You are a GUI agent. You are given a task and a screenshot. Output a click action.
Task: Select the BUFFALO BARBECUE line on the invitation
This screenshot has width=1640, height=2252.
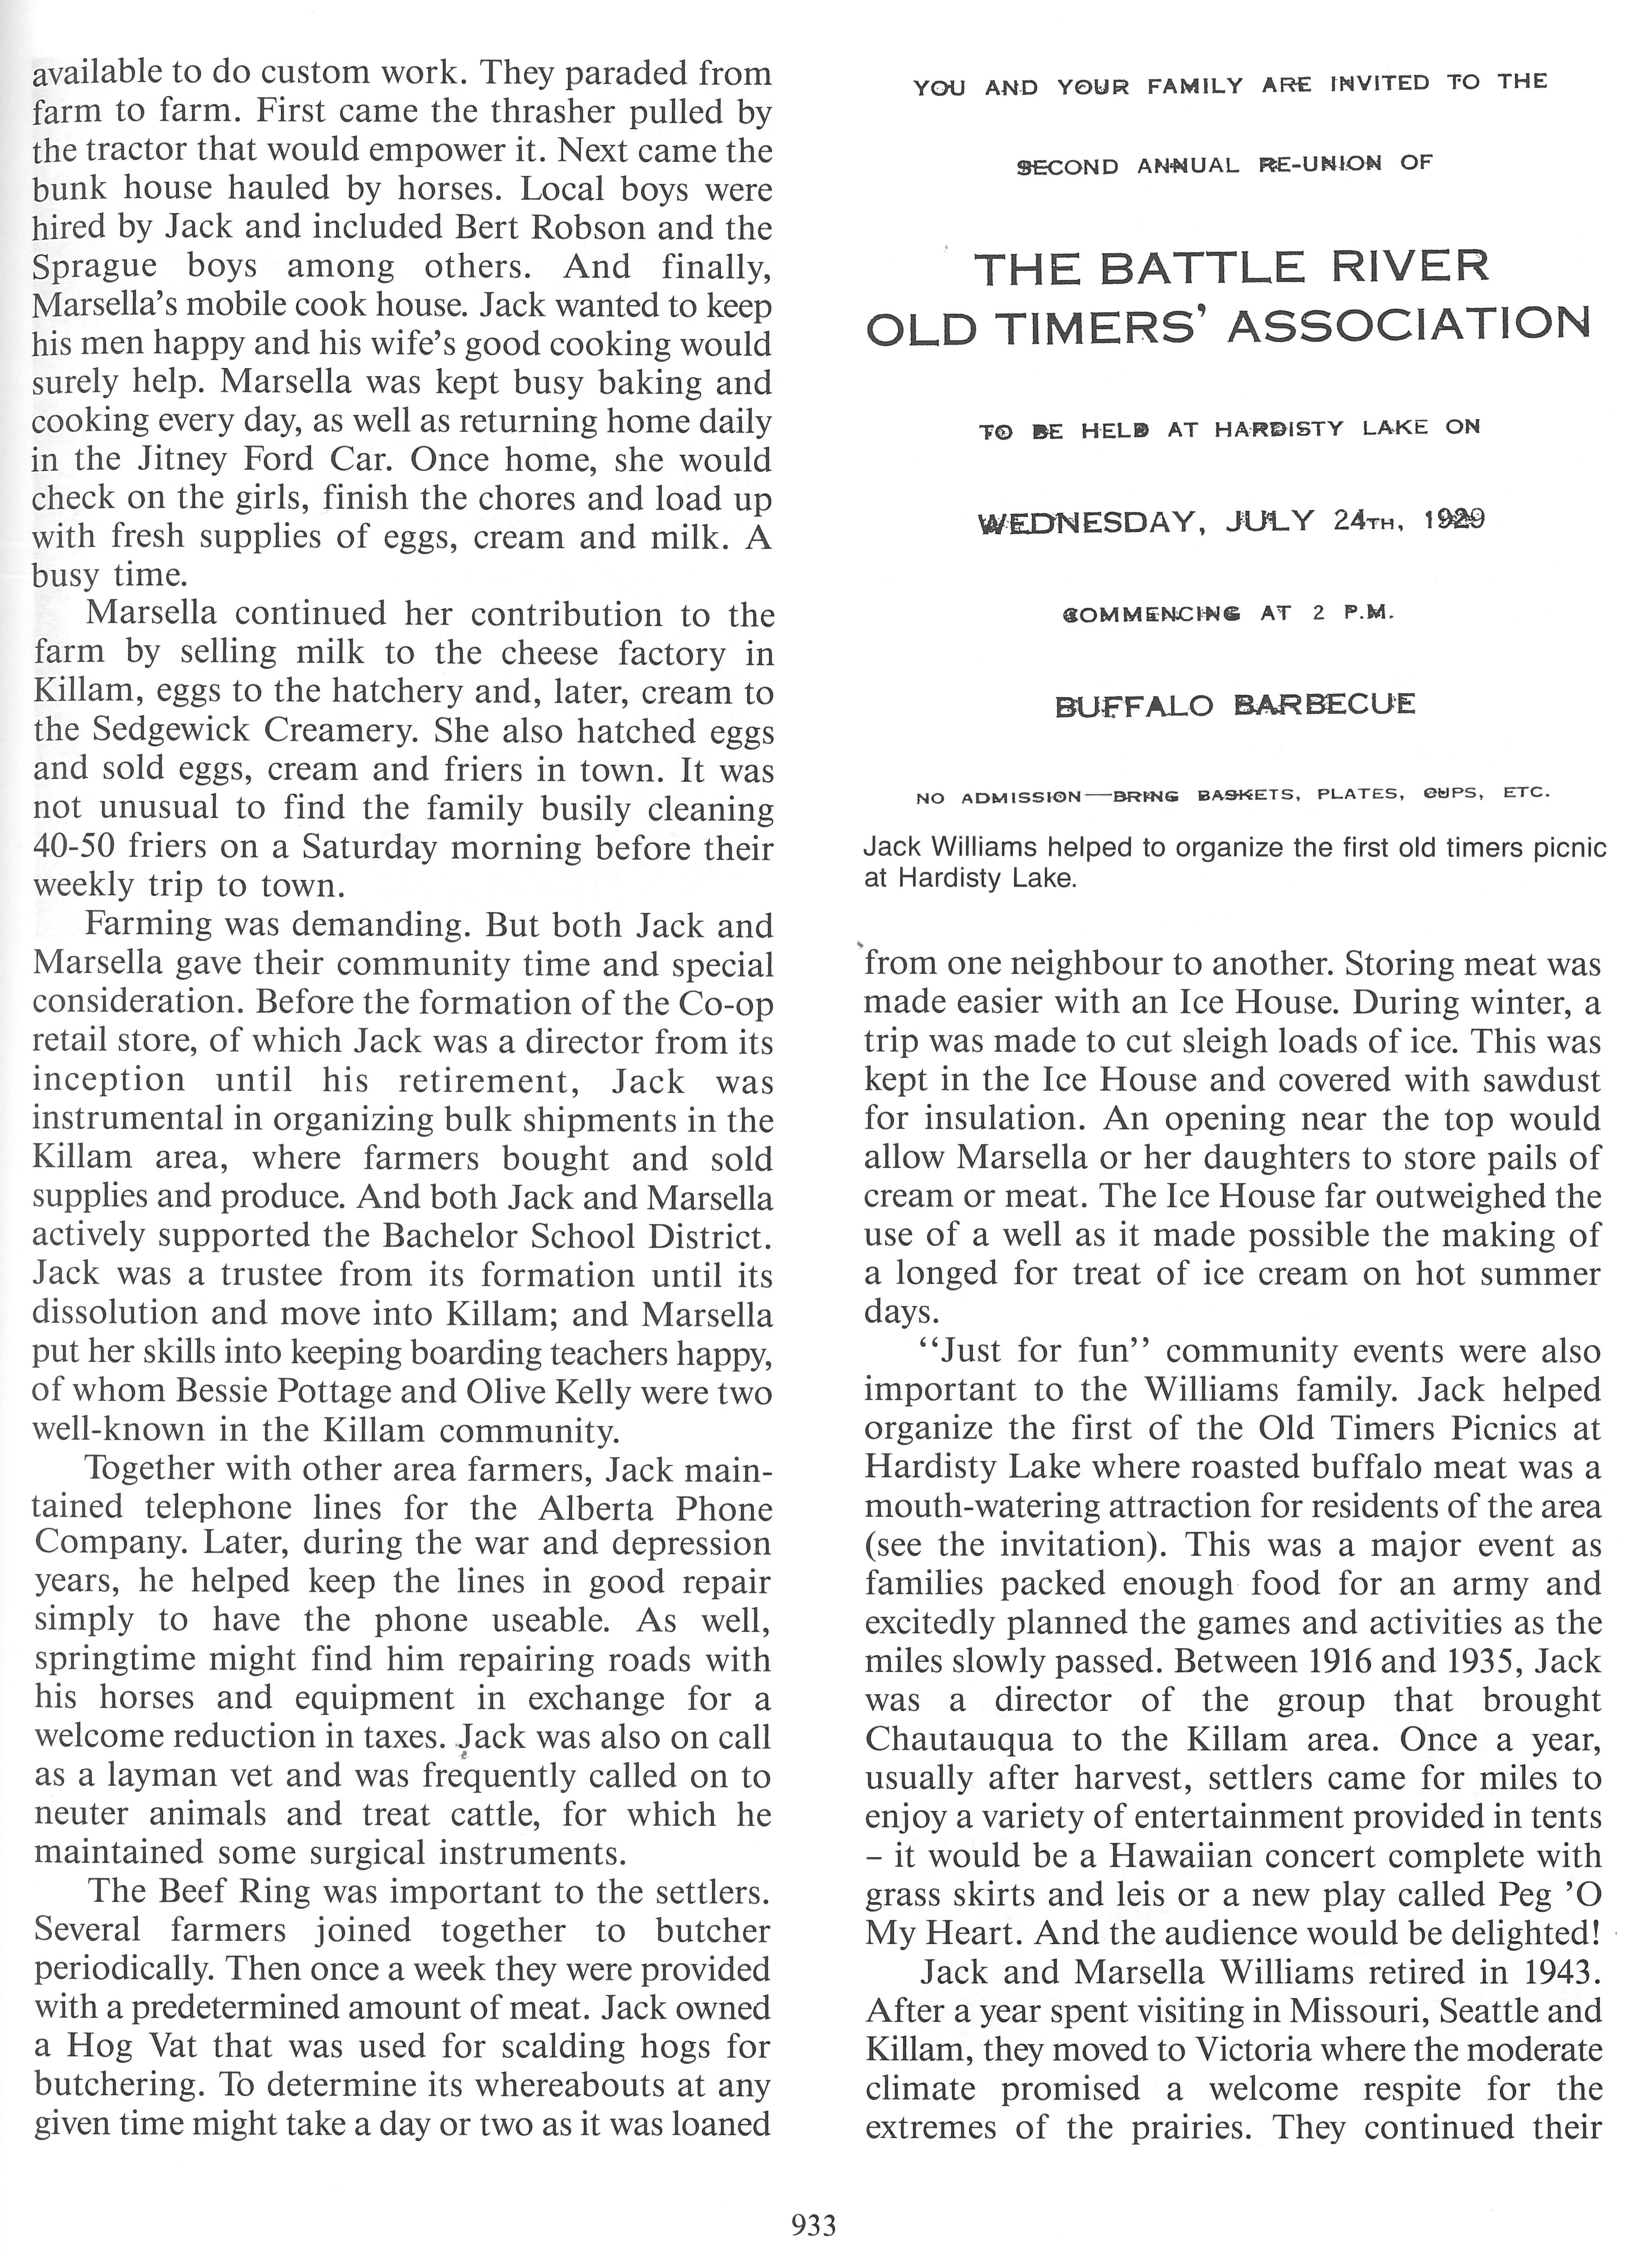tap(1234, 706)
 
